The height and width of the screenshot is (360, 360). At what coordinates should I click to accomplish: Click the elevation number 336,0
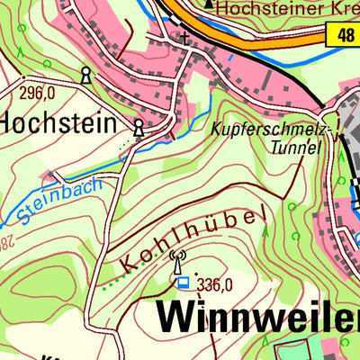[x=215, y=284]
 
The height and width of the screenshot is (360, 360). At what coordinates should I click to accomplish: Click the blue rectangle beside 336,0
[x=184, y=283]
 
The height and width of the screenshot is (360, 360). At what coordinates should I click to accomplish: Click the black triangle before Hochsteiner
[x=210, y=5]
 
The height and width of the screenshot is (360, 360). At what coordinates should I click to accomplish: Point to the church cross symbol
[x=185, y=39]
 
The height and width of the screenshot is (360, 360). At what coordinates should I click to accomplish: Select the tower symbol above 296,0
[x=85, y=75]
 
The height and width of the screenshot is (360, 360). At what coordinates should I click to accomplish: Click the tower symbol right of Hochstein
[x=139, y=129]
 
